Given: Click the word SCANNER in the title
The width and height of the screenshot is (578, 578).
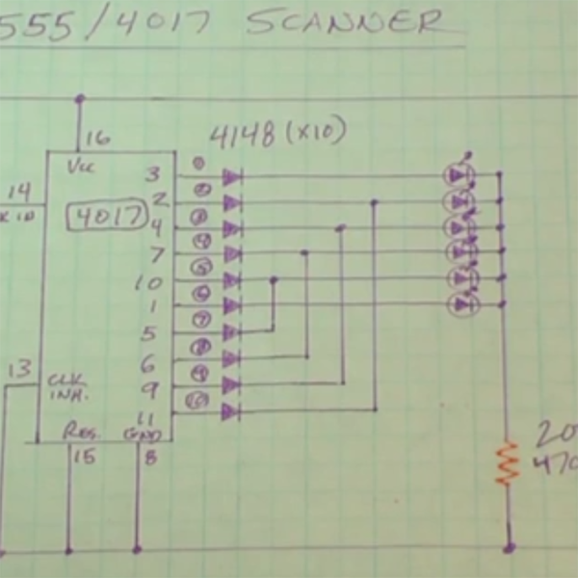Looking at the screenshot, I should [347, 21].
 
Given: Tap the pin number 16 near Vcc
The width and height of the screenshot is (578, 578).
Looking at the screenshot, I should [96, 137].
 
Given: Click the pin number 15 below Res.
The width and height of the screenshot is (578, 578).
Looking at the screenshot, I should [85, 456].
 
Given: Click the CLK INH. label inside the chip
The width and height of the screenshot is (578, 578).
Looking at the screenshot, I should [68, 387].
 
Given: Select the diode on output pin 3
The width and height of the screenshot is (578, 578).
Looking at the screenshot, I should [231, 177].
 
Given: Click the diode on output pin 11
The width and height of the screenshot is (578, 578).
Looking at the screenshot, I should [230, 411].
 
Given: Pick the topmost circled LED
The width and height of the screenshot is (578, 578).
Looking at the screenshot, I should [460, 175].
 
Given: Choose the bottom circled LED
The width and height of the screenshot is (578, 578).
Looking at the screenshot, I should [462, 303].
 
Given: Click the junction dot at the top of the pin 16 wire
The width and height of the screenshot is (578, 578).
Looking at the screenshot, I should [80, 98].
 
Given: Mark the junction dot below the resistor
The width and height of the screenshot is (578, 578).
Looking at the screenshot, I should [508, 548].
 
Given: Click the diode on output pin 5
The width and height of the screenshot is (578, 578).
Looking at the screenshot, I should [230, 332].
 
